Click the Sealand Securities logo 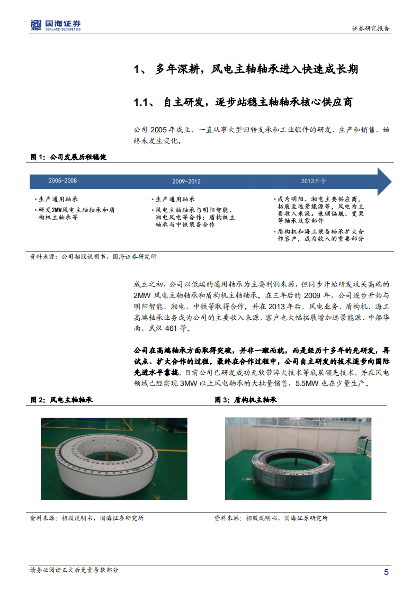[56, 25]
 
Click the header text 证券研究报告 [371, 29]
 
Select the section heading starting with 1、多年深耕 [246, 69]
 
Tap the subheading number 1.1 [142, 103]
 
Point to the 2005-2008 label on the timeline [62, 181]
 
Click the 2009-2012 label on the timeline [186, 182]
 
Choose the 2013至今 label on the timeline [314, 181]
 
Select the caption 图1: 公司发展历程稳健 [68, 157]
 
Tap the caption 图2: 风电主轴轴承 [61, 400]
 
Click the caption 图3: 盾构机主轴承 [246, 400]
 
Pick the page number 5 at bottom [386, 572]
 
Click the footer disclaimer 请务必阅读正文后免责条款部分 [75, 570]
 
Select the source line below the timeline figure [93, 256]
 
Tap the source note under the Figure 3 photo [271, 518]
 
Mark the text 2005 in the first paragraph [158, 130]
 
